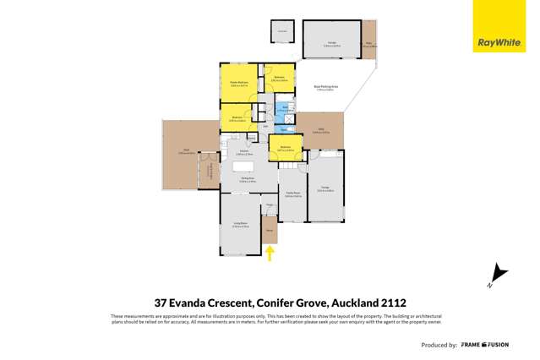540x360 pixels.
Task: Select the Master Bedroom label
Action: (x=237, y=82)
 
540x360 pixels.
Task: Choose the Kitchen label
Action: (x=241, y=152)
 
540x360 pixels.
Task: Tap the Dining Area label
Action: (x=248, y=180)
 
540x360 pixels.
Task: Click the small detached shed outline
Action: (x=280, y=33)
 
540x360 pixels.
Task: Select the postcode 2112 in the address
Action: (x=394, y=301)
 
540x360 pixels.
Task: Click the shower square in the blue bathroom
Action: (x=291, y=119)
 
